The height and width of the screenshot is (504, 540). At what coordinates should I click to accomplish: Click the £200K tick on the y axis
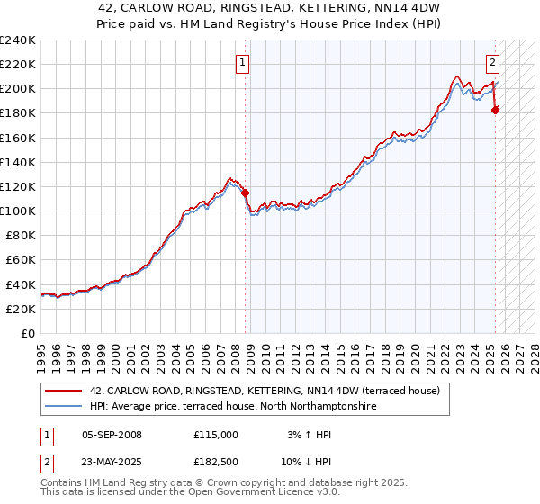pyautogui.click(x=18, y=89)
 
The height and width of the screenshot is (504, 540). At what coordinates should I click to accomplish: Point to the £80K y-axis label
pyautogui.click(x=20, y=235)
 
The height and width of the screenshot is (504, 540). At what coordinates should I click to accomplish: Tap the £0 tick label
pyautogui.click(x=29, y=333)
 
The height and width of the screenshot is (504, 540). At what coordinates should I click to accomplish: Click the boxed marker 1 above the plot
pyautogui.click(x=243, y=63)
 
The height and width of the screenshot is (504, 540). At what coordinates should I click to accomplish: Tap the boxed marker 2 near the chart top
pyautogui.click(x=493, y=63)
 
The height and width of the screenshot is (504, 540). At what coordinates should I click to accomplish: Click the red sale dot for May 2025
pyautogui.click(x=496, y=110)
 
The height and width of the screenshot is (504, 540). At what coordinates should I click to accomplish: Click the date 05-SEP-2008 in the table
pyautogui.click(x=112, y=435)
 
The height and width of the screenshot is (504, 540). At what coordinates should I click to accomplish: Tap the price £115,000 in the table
pyautogui.click(x=216, y=435)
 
